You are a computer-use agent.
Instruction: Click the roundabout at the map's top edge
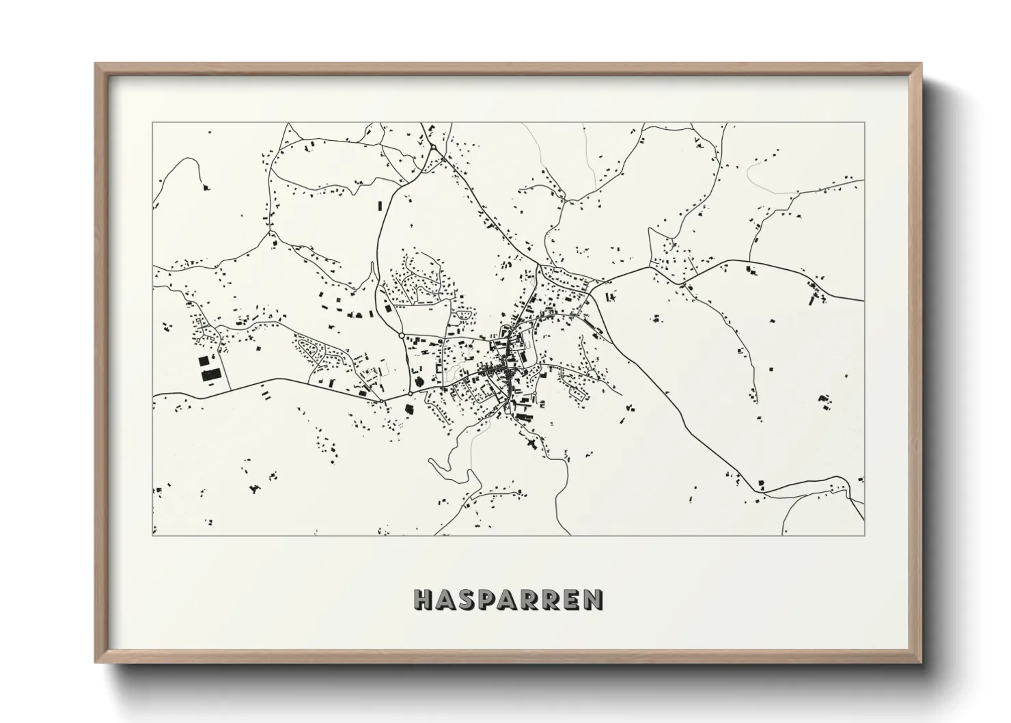(x=433, y=148)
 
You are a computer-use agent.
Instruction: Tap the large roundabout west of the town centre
(x=401, y=335)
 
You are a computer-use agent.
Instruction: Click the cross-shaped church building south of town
(x=530, y=444)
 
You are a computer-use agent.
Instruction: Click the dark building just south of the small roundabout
(x=410, y=409)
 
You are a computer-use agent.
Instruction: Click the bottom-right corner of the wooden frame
(x=920, y=661)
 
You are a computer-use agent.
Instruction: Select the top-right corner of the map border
(x=864, y=123)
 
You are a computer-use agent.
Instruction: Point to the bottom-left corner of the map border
(x=152, y=536)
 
